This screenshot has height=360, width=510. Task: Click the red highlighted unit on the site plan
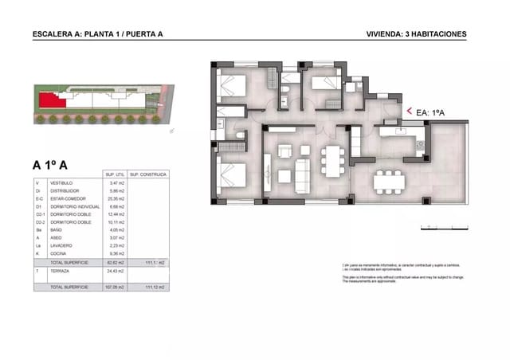pos(53,100)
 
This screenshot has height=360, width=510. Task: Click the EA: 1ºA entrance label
pos(433,113)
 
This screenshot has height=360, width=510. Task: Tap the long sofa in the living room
pos(303,176)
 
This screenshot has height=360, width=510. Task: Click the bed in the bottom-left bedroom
pos(230,175)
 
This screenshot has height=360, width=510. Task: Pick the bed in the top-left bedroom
pos(231,84)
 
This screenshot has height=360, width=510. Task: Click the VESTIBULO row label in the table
pos(61,183)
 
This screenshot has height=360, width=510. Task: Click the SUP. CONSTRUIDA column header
pos(146,174)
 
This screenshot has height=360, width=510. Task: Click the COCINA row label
pos(58,254)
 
